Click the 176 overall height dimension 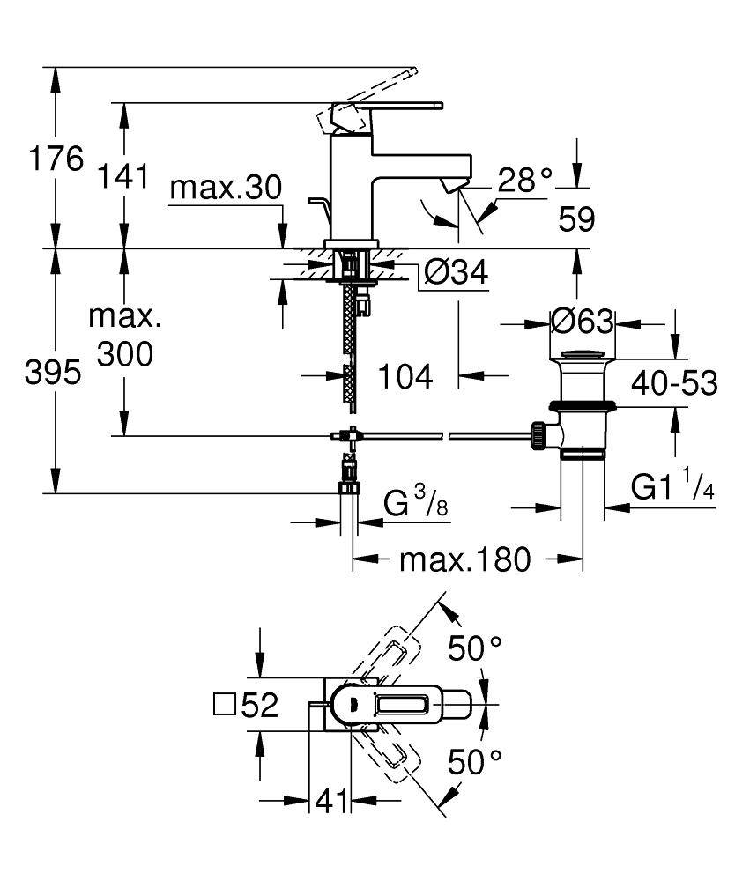tap(56, 160)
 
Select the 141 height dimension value tap(123, 177)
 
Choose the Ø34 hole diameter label tap(455, 274)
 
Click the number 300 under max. tap(124, 354)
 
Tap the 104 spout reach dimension tap(405, 377)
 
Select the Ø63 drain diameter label tap(582, 322)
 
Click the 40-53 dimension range tap(673, 382)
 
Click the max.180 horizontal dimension tap(466, 559)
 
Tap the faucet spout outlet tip tap(455, 185)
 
